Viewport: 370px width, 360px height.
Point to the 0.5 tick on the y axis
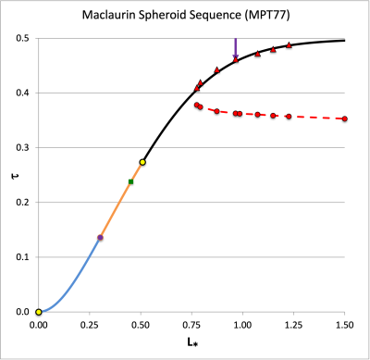[21, 38]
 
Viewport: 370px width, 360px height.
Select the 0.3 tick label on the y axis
[21, 147]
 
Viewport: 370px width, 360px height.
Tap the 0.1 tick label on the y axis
[21, 257]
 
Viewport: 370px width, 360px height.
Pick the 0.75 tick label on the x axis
[191, 325]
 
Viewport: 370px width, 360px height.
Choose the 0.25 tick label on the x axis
[90, 325]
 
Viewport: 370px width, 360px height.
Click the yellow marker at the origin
[39, 312]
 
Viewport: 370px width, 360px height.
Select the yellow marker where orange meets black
[142, 162]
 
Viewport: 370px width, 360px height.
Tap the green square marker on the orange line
[130, 181]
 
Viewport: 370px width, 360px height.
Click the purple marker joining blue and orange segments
[100, 238]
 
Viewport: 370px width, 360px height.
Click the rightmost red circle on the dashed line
[344, 118]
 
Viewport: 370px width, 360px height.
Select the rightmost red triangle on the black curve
[289, 44]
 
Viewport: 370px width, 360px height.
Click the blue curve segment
[74, 282]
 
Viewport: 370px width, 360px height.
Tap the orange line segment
[116, 208]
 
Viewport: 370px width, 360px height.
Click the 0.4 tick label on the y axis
[21, 93]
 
